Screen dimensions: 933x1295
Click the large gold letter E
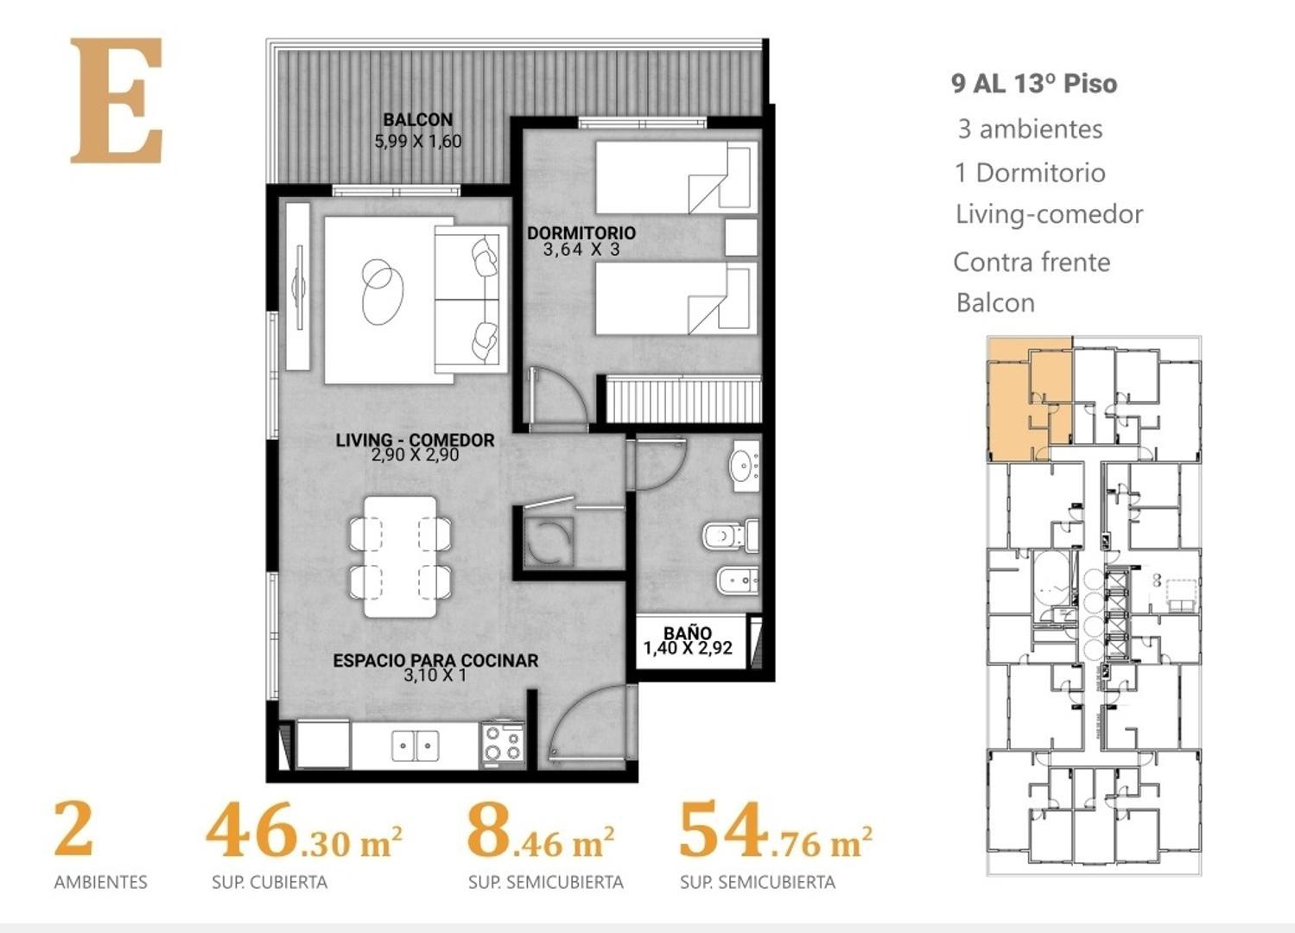(x=116, y=101)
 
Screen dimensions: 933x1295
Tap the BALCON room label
(x=417, y=120)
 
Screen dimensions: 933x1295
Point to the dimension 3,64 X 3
(x=581, y=250)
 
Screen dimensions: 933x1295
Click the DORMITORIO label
(x=581, y=232)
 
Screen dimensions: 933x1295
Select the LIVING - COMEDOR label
(x=415, y=440)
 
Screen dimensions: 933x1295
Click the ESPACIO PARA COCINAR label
(x=435, y=660)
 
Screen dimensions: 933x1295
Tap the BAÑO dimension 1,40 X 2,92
(x=688, y=648)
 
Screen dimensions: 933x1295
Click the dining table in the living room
(x=400, y=556)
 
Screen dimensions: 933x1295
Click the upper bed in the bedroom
(x=676, y=177)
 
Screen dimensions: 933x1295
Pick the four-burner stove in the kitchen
(x=503, y=744)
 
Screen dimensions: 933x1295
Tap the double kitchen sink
(x=415, y=746)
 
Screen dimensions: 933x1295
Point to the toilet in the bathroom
(x=731, y=536)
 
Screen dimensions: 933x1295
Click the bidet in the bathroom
(x=737, y=582)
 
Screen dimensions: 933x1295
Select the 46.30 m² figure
(x=303, y=833)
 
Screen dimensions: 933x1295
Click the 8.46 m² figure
(x=541, y=833)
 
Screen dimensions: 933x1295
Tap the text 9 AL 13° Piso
(x=1033, y=84)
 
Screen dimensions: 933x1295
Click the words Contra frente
(x=1031, y=262)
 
